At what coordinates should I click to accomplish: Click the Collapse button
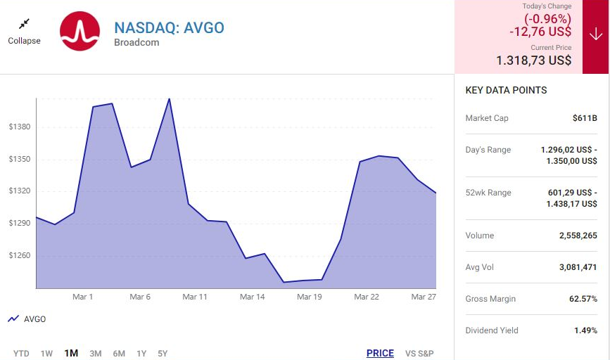24,32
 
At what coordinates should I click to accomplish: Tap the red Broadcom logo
80,32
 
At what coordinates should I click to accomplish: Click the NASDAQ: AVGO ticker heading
169,28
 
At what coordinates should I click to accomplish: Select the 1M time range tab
71,353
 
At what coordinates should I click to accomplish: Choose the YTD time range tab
21,353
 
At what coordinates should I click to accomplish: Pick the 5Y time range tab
163,353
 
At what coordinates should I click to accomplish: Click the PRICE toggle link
380,353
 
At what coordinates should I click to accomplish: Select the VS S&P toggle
419,353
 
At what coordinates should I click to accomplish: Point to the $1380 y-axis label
19,127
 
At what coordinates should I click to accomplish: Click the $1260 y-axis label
19,255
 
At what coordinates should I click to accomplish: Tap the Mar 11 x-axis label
195,297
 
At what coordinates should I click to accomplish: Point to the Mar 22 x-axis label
366,297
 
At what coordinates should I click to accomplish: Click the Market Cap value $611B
585,118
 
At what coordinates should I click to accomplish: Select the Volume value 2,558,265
578,236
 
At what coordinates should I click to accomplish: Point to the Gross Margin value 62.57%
583,299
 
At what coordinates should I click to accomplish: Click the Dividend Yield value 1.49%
585,330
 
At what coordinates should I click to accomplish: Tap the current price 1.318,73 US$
533,60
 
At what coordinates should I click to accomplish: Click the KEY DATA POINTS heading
506,90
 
